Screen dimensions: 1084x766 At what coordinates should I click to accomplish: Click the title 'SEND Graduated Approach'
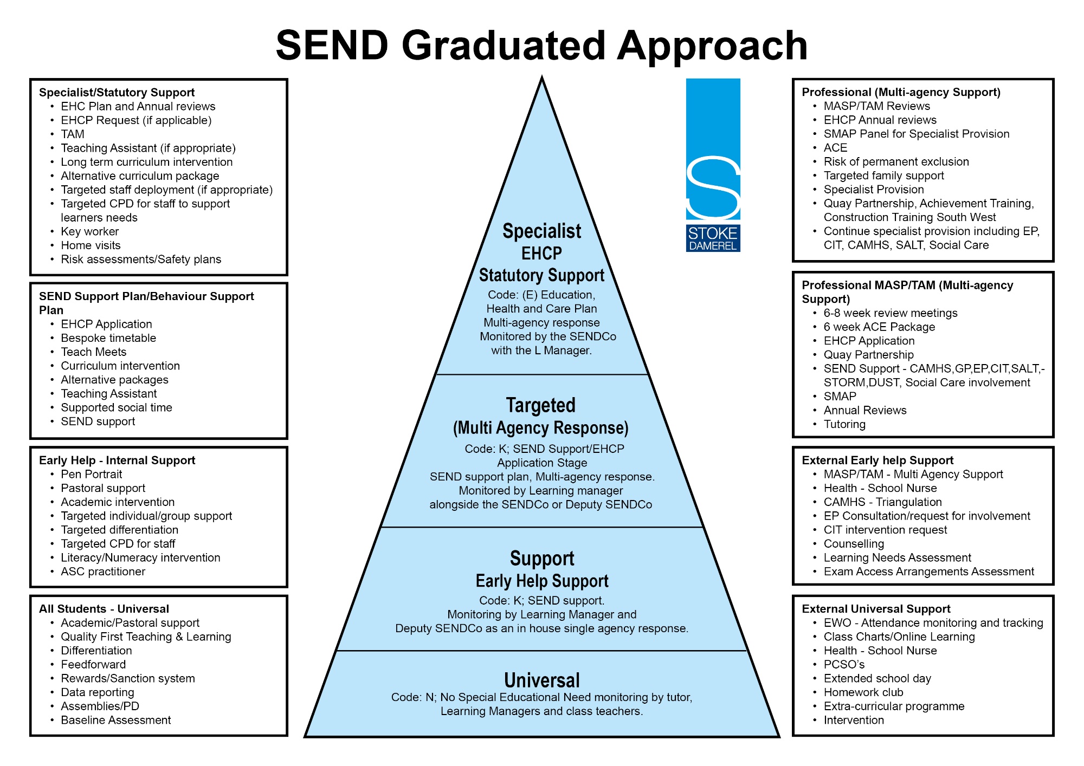541,46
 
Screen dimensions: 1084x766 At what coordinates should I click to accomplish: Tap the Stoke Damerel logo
713,165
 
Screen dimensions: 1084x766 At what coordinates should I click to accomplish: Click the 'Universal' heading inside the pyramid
542,680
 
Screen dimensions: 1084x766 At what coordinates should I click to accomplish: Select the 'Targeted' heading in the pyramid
541,405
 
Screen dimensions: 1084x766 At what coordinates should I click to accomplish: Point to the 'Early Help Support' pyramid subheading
542,581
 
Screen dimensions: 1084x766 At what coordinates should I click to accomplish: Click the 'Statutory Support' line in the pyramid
541,275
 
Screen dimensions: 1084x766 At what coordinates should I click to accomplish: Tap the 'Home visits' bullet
91,245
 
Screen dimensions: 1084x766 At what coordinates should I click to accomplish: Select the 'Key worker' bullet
89,232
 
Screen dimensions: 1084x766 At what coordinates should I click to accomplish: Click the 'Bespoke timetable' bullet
108,338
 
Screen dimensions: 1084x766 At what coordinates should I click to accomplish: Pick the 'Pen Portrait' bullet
92,475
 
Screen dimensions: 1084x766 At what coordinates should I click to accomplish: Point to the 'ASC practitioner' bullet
103,572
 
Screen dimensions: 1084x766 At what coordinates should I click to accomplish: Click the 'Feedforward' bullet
93,665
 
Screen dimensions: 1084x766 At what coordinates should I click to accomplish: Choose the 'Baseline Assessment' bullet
116,720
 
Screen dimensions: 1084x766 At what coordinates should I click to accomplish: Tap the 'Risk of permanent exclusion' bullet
896,162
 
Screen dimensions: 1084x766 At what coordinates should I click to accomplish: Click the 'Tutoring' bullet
844,425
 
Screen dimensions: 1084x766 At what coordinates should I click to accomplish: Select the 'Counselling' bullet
854,544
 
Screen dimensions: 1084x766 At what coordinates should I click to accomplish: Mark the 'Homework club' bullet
863,692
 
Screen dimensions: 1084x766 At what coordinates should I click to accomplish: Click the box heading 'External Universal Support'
876,609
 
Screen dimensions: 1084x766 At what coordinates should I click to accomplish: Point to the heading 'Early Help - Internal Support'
117,460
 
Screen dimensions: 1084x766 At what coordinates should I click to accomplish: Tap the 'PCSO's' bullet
844,665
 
